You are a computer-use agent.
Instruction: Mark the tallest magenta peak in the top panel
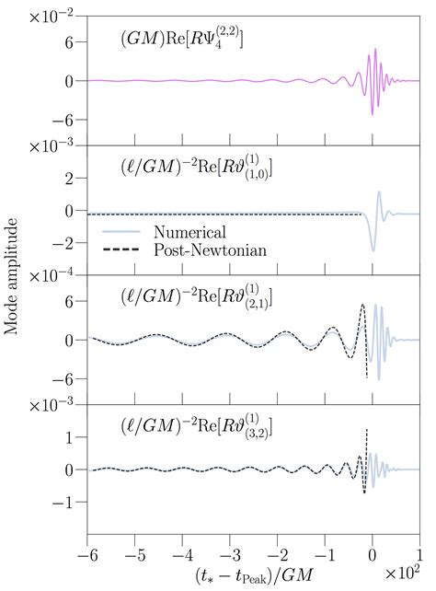coord(375,50)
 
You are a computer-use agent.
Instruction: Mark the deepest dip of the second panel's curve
coord(373,250)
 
